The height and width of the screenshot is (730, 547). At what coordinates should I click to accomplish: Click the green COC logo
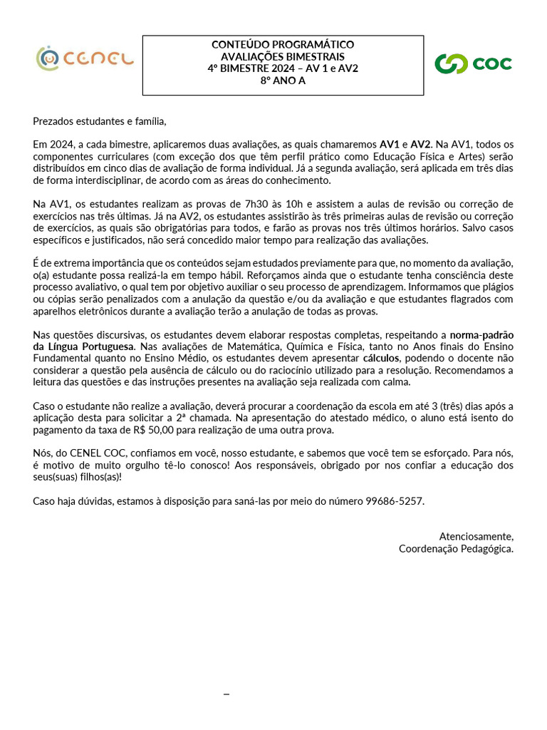(474, 63)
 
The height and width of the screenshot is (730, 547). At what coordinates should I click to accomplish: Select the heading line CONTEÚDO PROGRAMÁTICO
(283, 45)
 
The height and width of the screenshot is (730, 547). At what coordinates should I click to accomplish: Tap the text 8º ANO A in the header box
(283, 81)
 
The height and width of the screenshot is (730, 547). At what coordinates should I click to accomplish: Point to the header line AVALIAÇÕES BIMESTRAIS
(283, 57)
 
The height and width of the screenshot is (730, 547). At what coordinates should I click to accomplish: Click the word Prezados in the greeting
(53, 122)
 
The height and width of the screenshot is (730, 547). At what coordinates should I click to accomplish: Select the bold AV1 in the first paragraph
(389, 144)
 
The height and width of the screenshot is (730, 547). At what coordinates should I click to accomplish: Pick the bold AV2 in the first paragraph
(421, 144)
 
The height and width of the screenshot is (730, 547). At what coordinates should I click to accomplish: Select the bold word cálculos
(381, 358)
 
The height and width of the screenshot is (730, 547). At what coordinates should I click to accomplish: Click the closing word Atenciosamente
(476, 536)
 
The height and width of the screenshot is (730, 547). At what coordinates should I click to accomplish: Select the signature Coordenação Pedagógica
(456, 548)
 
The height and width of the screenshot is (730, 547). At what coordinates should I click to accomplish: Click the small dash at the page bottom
(226, 694)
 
